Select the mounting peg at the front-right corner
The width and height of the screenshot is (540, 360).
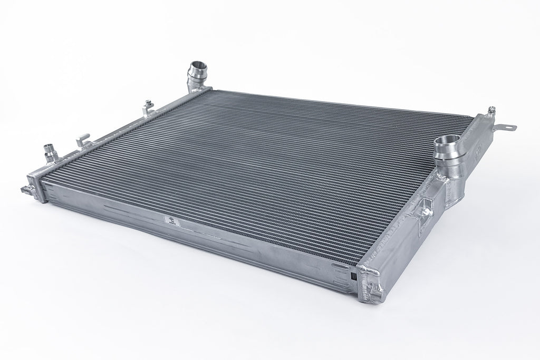click(375, 289)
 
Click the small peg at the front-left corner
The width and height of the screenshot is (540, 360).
click(24, 188)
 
